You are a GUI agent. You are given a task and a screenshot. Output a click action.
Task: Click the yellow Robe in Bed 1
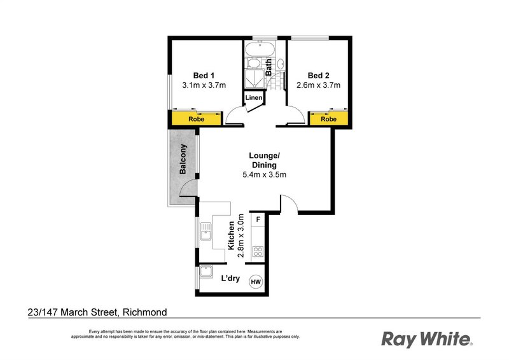tap(196, 119)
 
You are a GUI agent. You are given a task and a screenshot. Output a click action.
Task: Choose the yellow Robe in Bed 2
tap(328, 119)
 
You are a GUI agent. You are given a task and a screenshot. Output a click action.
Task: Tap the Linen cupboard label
tap(254, 97)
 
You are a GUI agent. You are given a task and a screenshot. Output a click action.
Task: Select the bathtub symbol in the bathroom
tap(258, 50)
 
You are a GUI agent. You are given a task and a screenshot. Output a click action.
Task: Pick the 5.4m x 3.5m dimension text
tap(264, 176)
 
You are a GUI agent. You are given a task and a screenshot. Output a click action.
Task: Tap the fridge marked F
tap(258, 219)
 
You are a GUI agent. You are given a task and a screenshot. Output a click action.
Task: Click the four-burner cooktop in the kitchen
tap(258, 251)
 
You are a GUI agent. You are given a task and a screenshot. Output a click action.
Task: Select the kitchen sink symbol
tap(206, 233)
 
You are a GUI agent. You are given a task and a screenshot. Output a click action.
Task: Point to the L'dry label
tap(230, 279)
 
